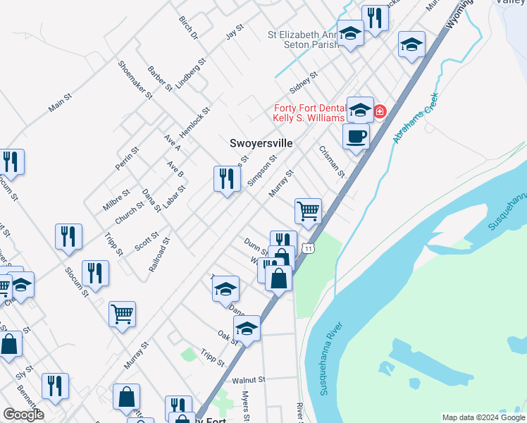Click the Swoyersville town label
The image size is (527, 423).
tap(261, 142)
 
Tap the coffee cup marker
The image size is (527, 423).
tap(356, 137)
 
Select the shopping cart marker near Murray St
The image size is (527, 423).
tap(308, 210)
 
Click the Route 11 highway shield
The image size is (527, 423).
tap(308, 248)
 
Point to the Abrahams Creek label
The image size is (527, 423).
tap(416, 118)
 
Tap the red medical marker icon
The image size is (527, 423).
tap(380, 111)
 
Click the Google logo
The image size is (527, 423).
tap(23, 415)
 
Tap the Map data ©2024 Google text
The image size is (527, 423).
tap(483, 417)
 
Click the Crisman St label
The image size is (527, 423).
tap(331, 161)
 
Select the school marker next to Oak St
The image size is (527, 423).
tap(247, 329)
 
